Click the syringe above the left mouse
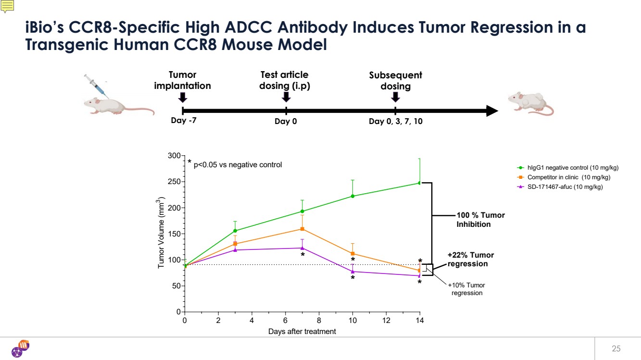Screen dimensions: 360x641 pyautogui.click(x=95, y=85)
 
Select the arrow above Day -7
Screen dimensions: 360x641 pyautogui.click(x=182, y=97)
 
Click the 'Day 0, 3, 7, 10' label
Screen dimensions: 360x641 pyautogui.click(x=395, y=122)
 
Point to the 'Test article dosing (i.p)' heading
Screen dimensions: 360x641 pyautogui.click(x=284, y=80)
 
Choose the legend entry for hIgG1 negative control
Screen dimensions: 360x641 pyautogui.click(x=567, y=168)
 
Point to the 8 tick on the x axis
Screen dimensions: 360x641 pyautogui.click(x=319, y=321)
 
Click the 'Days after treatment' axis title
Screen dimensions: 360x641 pyautogui.click(x=302, y=332)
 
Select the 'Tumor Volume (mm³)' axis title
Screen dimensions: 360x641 pyautogui.click(x=162, y=234)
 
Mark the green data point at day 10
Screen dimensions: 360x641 pyautogui.click(x=353, y=196)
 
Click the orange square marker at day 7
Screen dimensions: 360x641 pyautogui.click(x=302, y=229)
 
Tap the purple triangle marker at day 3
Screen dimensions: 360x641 pyautogui.click(x=235, y=249)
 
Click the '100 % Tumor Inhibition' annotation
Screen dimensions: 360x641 pyautogui.click(x=480, y=220)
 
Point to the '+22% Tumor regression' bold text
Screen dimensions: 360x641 pyautogui.click(x=470, y=260)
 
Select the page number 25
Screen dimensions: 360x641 pyautogui.click(x=616, y=348)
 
